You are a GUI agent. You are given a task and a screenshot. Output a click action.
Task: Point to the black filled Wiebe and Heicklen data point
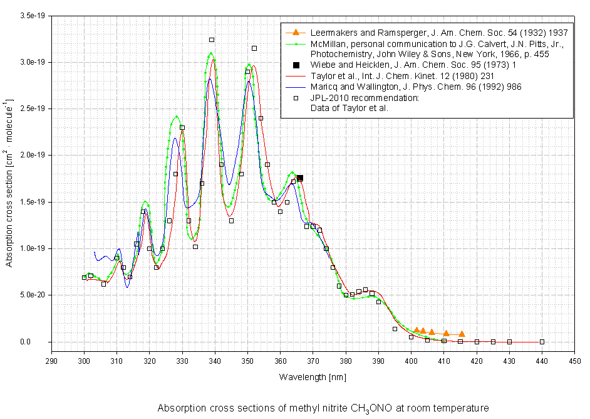[x=300, y=178]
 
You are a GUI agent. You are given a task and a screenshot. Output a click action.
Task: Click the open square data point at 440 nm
[x=542, y=342]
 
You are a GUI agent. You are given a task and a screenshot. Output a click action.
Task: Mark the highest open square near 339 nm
[x=212, y=40]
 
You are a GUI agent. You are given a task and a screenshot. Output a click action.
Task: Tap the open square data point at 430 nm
[x=509, y=342]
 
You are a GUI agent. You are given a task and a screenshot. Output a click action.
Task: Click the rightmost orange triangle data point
[x=462, y=334]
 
